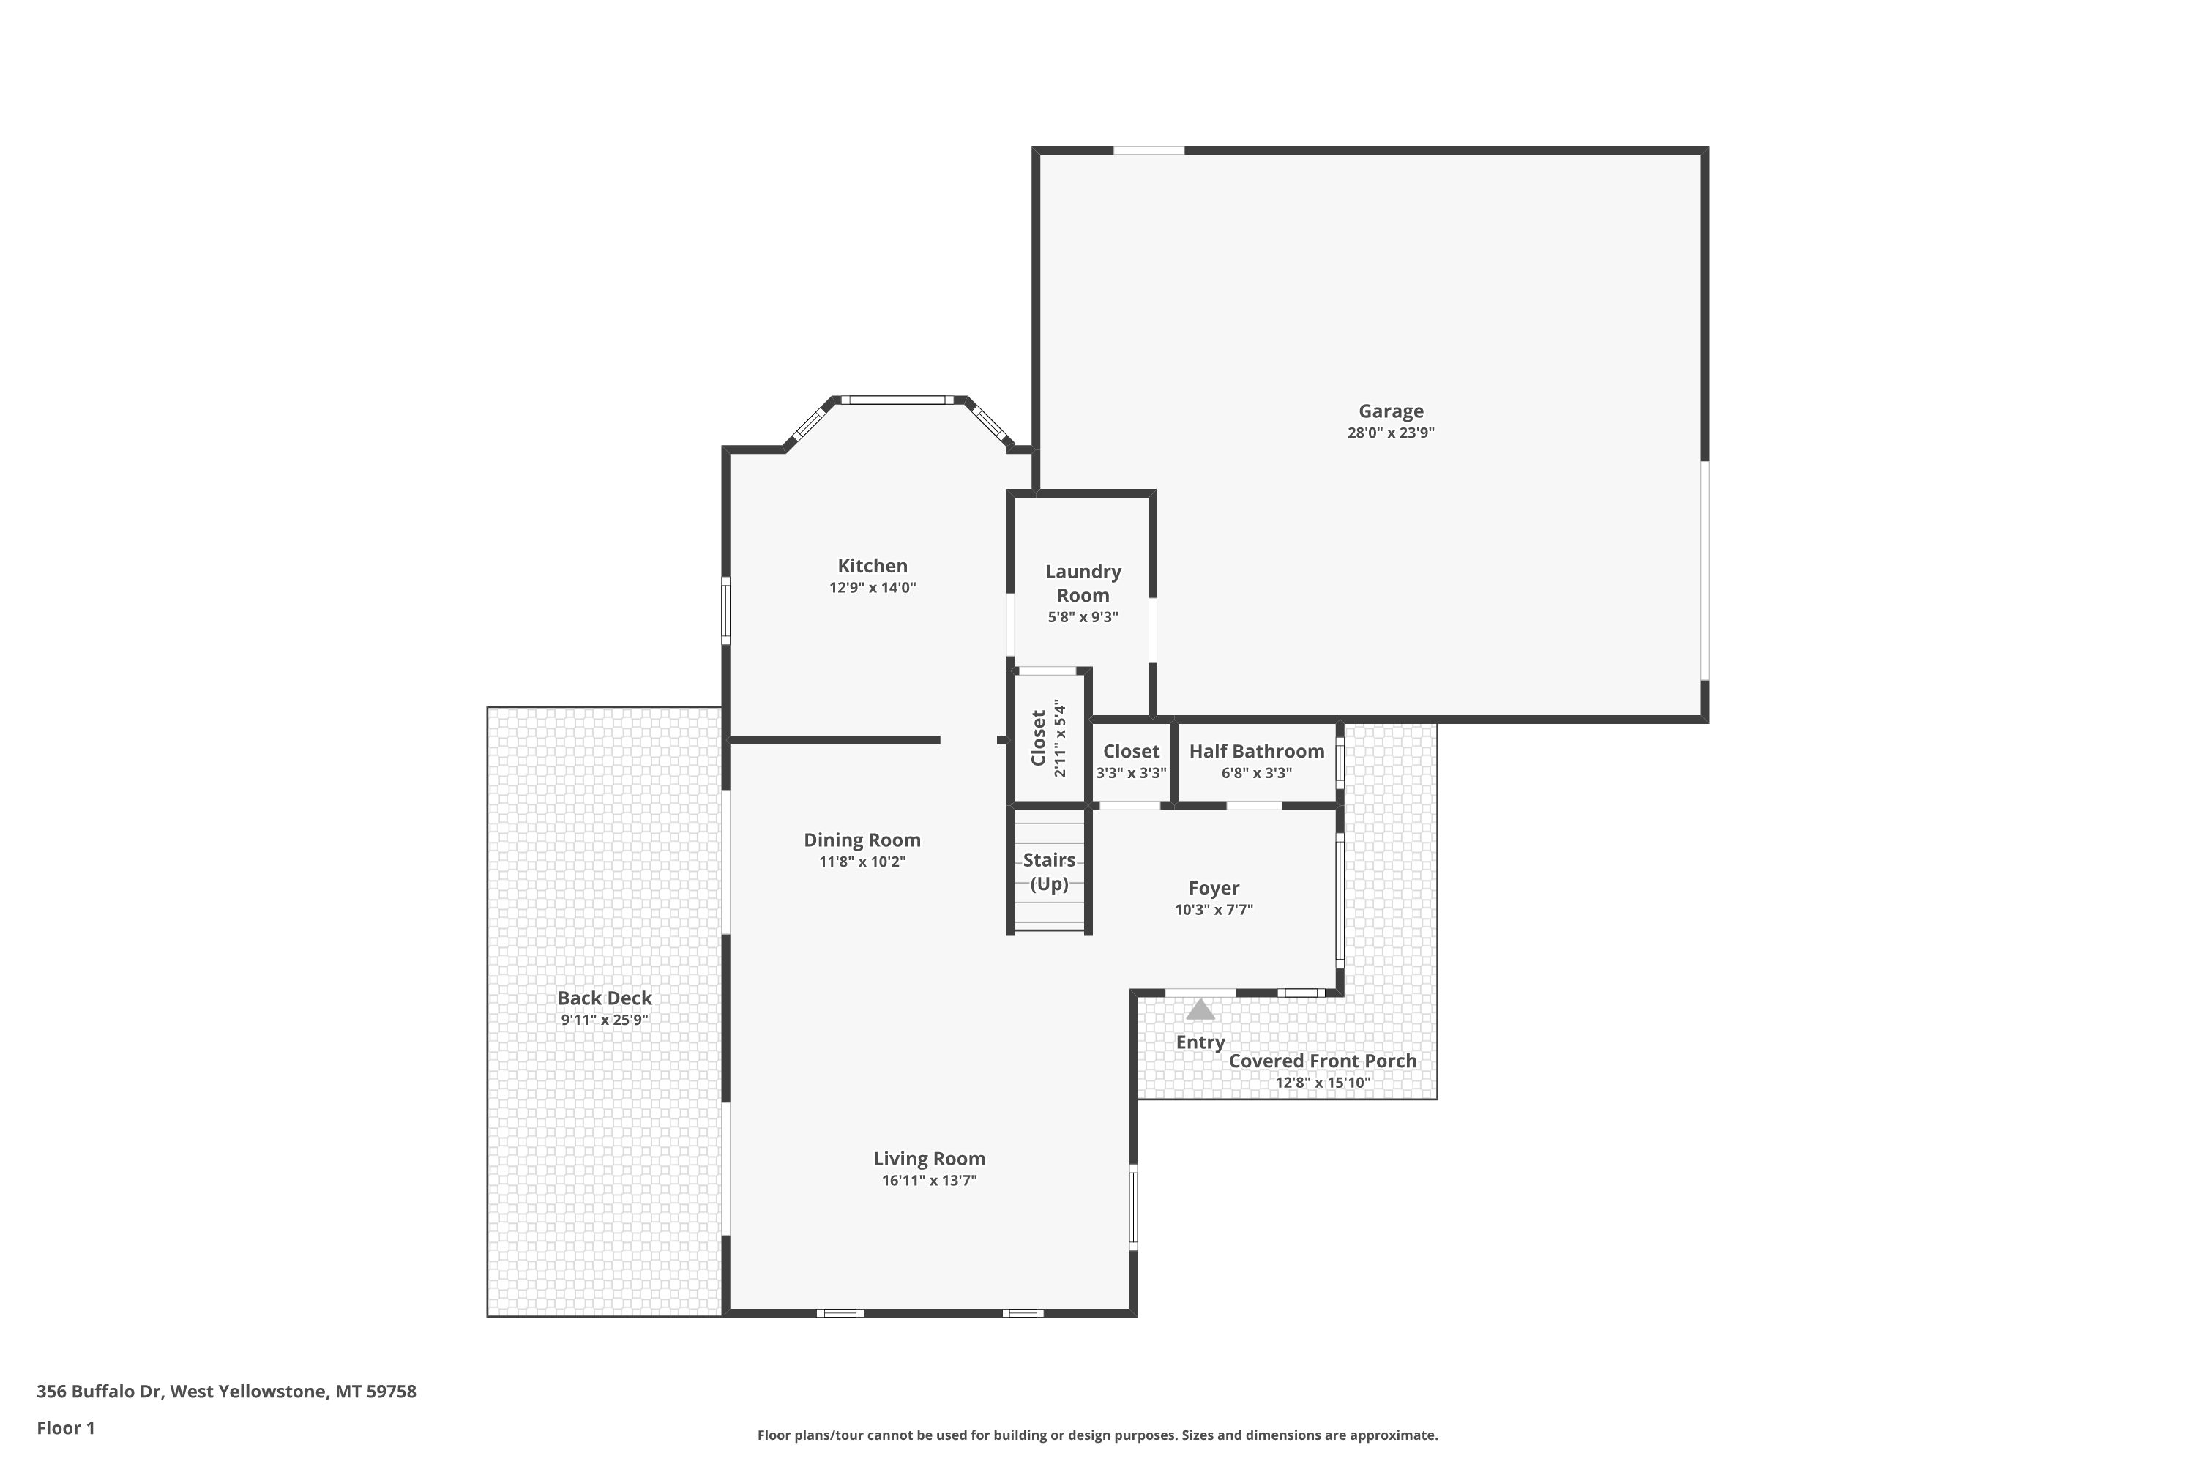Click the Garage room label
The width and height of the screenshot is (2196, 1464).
(1390, 411)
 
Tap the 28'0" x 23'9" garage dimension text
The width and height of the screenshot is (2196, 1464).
(1390, 433)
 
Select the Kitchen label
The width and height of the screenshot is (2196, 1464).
(872, 566)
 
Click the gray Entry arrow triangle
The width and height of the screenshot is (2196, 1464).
(1200, 1009)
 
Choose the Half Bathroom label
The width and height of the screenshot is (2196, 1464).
(1257, 752)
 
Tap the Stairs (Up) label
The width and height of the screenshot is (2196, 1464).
(1048, 872)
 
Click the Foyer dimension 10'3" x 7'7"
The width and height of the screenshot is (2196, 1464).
(1214, 909)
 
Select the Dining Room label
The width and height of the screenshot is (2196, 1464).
(862, 840)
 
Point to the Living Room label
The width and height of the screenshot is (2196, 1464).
(929, 1159)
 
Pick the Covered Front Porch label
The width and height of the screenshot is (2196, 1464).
(1322, 1061)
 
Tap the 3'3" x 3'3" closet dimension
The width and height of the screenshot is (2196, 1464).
(1132, 773)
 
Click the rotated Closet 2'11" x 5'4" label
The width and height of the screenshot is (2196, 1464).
(1047, 739)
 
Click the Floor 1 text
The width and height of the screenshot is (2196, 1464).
(65, 1427)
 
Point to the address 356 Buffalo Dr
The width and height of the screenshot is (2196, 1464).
(99, 1392)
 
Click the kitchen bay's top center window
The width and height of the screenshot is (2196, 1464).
(897, 400)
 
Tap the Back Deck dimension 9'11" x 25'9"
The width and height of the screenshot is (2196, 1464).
(604, 1020)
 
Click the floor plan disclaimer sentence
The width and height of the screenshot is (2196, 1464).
(1097, 1435)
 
